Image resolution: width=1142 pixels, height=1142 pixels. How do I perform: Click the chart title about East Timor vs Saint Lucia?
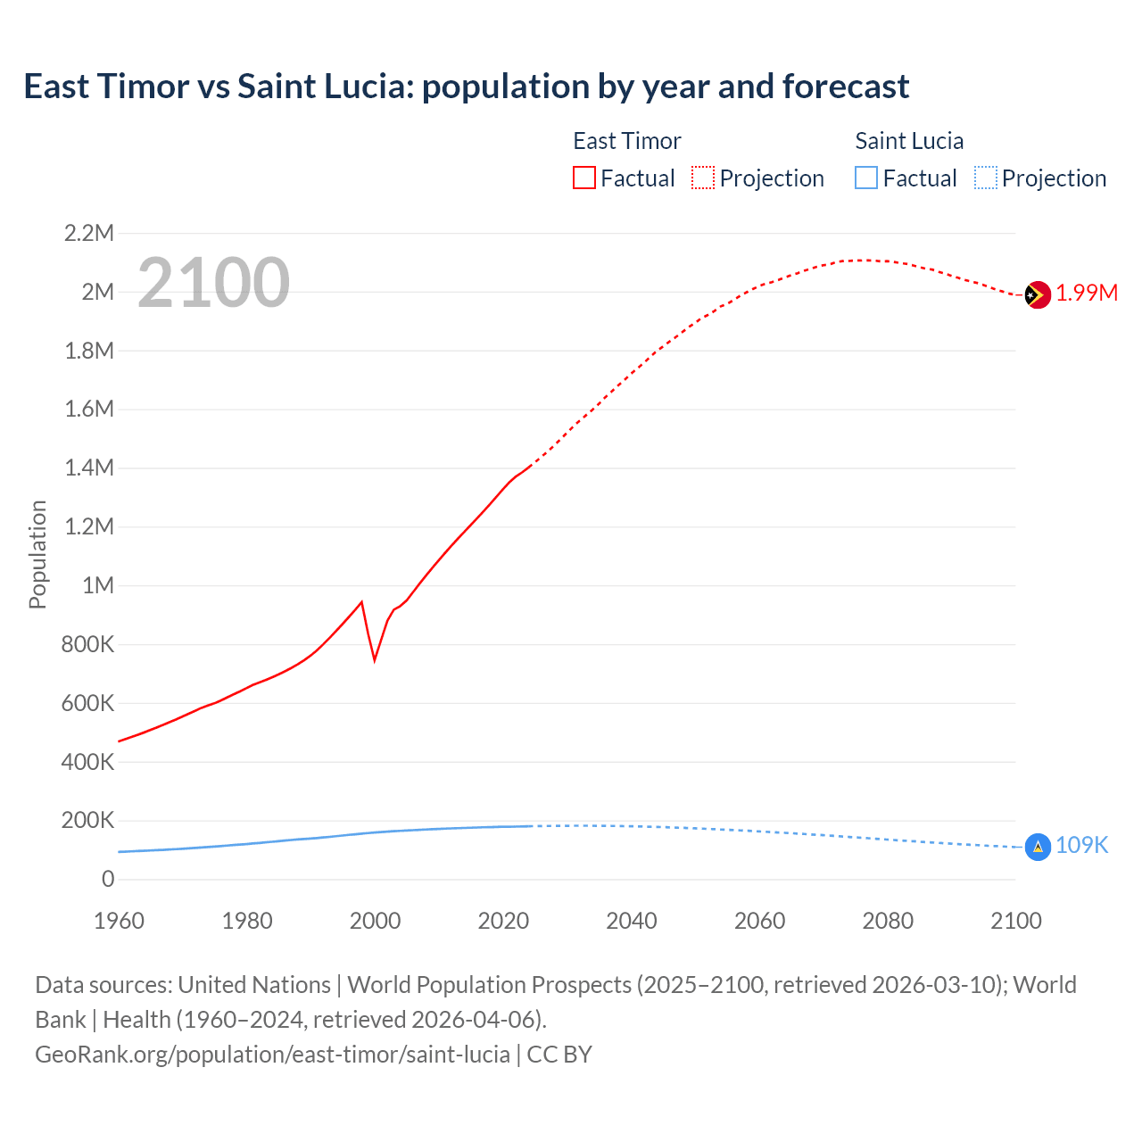point(466,87)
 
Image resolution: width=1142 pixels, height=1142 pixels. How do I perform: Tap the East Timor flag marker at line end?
point(1037,294)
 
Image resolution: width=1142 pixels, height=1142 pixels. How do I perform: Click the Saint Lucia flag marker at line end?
point(1038,847)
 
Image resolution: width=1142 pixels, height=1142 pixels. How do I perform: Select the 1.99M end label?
point(1087,294)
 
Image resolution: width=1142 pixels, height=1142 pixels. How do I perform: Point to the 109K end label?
point(1081,846)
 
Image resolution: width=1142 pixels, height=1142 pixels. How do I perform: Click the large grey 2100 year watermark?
point(213,283)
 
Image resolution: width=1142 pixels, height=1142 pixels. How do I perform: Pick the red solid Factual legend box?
point(583,178)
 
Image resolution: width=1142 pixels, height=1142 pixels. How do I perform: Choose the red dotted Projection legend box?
point(703,178)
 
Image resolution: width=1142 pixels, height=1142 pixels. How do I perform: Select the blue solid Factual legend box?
point(866,178)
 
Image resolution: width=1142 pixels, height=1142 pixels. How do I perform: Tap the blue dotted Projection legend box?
point(986,178)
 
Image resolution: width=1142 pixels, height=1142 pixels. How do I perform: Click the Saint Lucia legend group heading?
point(909,141)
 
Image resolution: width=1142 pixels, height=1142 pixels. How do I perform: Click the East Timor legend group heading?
point(626,141)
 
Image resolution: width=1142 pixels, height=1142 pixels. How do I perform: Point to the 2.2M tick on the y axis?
point(89,234)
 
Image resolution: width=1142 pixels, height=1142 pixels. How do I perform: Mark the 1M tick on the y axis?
point(98,585)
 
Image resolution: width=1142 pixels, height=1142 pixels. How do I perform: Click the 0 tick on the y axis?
point(108,879)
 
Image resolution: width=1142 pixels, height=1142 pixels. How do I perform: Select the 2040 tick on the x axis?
point(631,921)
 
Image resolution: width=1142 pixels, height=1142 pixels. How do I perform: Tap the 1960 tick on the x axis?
point(119,921)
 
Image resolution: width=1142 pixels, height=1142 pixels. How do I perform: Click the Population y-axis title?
point(37,554)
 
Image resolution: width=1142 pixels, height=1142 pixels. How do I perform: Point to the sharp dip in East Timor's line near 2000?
point(375,658)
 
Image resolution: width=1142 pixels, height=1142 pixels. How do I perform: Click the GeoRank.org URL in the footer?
point(272,1055)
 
